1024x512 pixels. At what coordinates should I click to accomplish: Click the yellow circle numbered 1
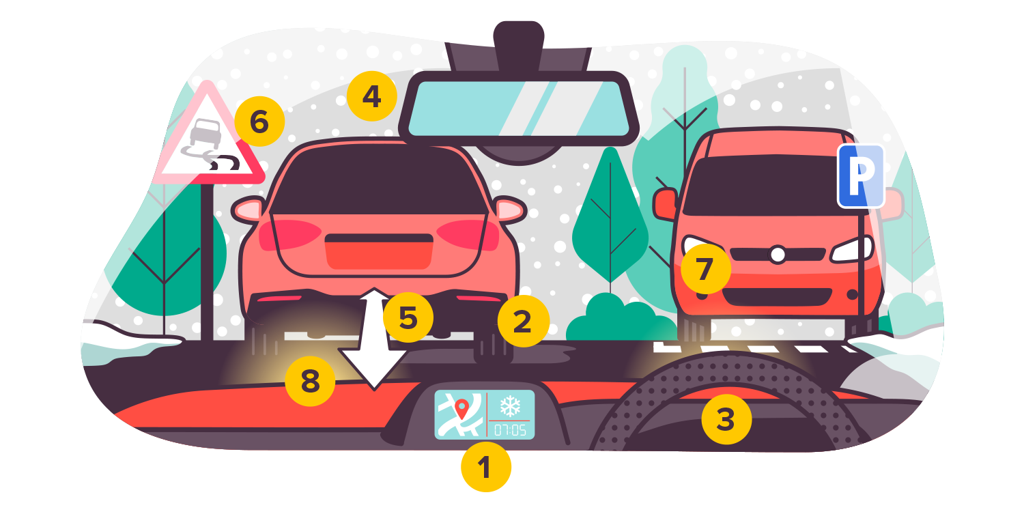(x=485, y=468)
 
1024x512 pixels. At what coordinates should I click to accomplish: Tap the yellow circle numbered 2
(x=523, y=322)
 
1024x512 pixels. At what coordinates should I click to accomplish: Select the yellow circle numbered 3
(x=726, y=420)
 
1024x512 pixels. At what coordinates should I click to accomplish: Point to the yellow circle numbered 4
(x=371, y=97)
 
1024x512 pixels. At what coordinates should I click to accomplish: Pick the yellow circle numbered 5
(x=408, y=317)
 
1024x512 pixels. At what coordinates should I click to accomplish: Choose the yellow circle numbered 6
(x=259, y=122)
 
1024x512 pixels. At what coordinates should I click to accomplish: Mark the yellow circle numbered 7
(x=705, y=269)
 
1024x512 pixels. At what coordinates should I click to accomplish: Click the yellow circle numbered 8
(x=311, y=382)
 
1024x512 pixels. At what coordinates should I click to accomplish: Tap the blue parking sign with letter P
(x=861, y=175)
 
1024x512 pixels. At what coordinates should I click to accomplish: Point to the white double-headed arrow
(x=373, y=339)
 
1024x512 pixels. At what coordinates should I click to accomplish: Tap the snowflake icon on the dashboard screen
(x=510, y=407)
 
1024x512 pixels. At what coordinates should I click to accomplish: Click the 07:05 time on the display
(x=510, y=429)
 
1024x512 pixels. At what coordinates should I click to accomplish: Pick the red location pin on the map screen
(x=462, y=409)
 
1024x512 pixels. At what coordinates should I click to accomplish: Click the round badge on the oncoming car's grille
(x=777, y=255)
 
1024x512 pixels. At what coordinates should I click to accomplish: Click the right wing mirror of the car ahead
(x=509, y=208)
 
